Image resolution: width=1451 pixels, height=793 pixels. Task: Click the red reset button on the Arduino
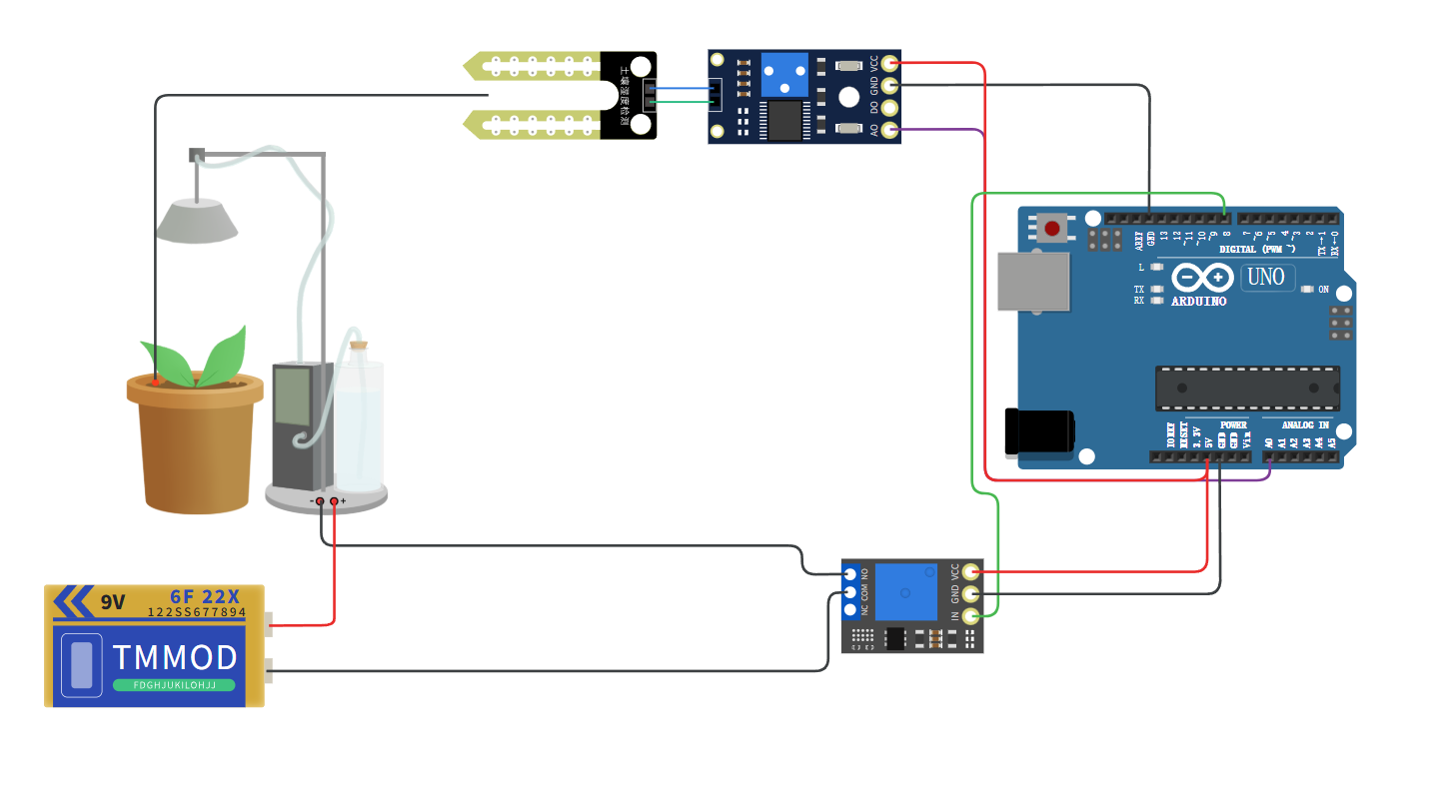[1051, 229]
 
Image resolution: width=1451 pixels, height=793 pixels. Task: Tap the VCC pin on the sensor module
[888, 63]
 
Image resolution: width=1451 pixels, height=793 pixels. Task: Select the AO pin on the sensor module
[888, 129]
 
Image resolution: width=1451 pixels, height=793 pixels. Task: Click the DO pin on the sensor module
[888, 107]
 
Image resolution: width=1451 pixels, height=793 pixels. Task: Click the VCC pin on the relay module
[969, 572]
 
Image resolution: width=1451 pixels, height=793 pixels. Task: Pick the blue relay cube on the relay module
[906, 591]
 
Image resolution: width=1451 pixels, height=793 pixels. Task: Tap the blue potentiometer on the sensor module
[784, 73]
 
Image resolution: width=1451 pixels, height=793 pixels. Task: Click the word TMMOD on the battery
[175, 657]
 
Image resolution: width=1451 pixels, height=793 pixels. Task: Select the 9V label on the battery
[112, 602]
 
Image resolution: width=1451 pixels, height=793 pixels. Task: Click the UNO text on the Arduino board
[1266, 277]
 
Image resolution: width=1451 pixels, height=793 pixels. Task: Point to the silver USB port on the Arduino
[1033, 281]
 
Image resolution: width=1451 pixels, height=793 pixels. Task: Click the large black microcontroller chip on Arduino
[1247, 389]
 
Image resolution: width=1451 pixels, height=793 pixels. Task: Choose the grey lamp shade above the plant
[197, 221]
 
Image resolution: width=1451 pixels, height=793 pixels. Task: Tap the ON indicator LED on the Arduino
[1307, 290]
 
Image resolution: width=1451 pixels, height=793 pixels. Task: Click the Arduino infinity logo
[1202, 277]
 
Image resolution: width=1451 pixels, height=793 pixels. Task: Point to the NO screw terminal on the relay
[850, 574]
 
